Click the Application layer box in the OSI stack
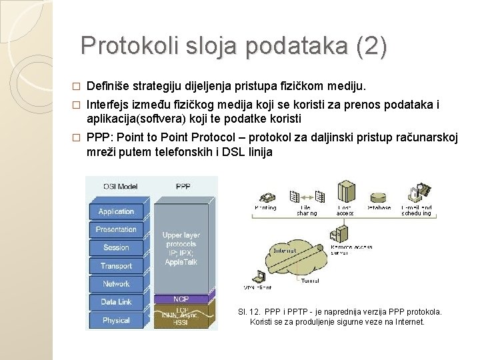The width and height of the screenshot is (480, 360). click(116, 212)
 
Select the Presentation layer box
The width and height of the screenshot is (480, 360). click(116, 230)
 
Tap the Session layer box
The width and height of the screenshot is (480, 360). click(116, 248)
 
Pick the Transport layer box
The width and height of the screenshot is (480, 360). click(116, 266)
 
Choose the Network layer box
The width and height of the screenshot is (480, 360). click(116, 284)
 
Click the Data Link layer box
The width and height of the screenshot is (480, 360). click(116, 302)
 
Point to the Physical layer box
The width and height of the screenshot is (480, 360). click(116, 320)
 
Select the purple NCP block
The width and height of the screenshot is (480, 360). click(181, 299)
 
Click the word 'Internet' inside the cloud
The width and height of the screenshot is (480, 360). click(283, 251)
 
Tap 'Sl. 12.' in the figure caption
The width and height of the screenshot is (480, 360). click(249, 311)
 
